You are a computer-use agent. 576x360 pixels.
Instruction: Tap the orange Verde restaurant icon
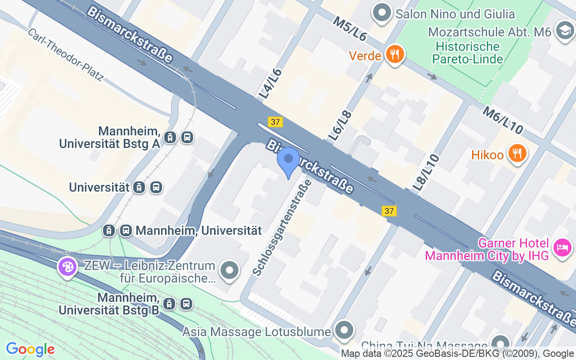[395, 55]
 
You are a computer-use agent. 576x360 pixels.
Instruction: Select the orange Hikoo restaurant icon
[517, 154]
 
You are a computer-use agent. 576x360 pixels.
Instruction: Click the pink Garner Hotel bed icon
[562, 247]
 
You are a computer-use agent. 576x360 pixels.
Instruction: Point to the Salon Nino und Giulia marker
[382, 13]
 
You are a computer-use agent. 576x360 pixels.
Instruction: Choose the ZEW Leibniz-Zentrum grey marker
[230, 271]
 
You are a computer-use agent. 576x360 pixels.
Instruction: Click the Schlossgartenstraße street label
[282, 228]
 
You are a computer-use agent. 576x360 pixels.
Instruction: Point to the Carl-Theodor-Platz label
[66, 55]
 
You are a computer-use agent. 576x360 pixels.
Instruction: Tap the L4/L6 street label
[270, 84]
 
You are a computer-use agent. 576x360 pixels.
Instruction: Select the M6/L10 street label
[503, 120]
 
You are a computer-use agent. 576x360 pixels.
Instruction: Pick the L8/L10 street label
[426, 173]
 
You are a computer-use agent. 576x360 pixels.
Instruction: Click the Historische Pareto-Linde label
[467, 53]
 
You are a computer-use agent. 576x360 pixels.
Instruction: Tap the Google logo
[30, 349]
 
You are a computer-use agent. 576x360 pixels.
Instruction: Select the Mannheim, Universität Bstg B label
[109, 304]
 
